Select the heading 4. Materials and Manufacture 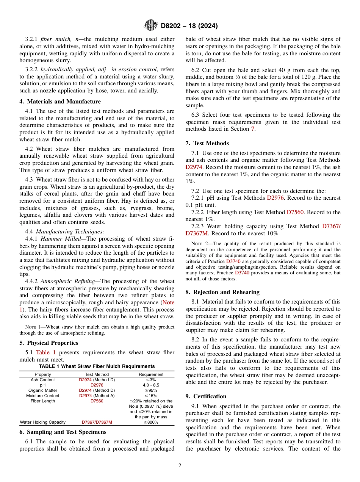point(60,102)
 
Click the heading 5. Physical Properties point(49,343)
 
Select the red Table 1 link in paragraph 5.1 point(45,352)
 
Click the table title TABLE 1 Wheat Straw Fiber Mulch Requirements point(97,366)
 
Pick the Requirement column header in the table point(151,374)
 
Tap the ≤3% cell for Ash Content point(151,380)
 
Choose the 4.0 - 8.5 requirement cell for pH point(151,385)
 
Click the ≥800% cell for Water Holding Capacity point(151,422)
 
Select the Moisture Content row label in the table point(42,396)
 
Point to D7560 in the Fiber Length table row point(97,401)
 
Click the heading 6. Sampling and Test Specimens point(63,432)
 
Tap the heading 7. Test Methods point(207,143)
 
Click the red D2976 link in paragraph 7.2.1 point(275,198)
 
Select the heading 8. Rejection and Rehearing point(222,292)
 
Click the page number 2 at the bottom point(180,466)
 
